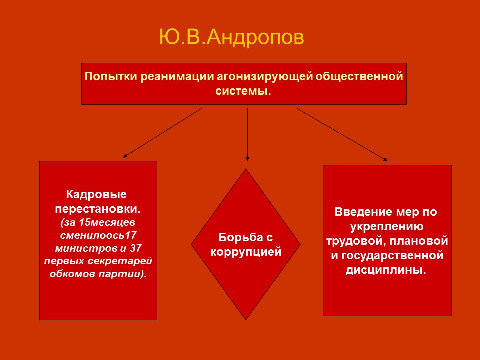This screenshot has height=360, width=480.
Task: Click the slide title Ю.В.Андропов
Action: click(x=231, y=38)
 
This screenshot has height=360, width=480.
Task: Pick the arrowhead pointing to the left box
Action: click(x=125, y=156)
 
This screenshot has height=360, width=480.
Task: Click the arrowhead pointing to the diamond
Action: click(x=247, y=159)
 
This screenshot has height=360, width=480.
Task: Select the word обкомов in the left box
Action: click(x=73, y=274)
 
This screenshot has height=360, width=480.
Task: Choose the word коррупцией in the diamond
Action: click(x=246, y=252)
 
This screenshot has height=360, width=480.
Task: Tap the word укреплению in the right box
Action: click(x=387, y=226)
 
